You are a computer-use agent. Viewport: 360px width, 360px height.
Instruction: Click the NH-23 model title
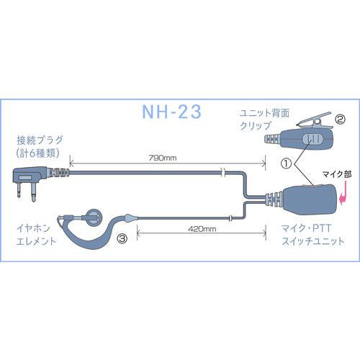coord(171,112)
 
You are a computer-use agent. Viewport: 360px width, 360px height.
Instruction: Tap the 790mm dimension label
coord(163,158)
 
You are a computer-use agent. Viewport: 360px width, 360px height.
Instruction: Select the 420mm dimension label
coord(202,229)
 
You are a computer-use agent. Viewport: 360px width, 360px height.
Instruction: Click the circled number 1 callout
coord(286,163)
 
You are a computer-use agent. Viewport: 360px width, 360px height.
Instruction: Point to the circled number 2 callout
coord(340,120)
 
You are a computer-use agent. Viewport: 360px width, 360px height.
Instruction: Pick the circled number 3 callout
coord(122,238)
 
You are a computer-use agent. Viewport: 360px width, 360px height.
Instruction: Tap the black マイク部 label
coord(337,174)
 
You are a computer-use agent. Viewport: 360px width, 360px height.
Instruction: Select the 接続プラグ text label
coord(40,140)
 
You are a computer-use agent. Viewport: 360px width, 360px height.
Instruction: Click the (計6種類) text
coord(38,153)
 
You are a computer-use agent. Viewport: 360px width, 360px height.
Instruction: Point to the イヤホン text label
coord(33,228)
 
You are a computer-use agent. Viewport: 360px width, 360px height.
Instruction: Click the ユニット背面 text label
coord(264,113)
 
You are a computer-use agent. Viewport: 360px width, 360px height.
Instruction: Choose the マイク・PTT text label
coord(306,228)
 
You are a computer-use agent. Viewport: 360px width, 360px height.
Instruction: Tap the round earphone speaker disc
coord(94,217)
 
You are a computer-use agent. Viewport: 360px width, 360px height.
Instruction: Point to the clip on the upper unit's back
coord(315,120)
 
